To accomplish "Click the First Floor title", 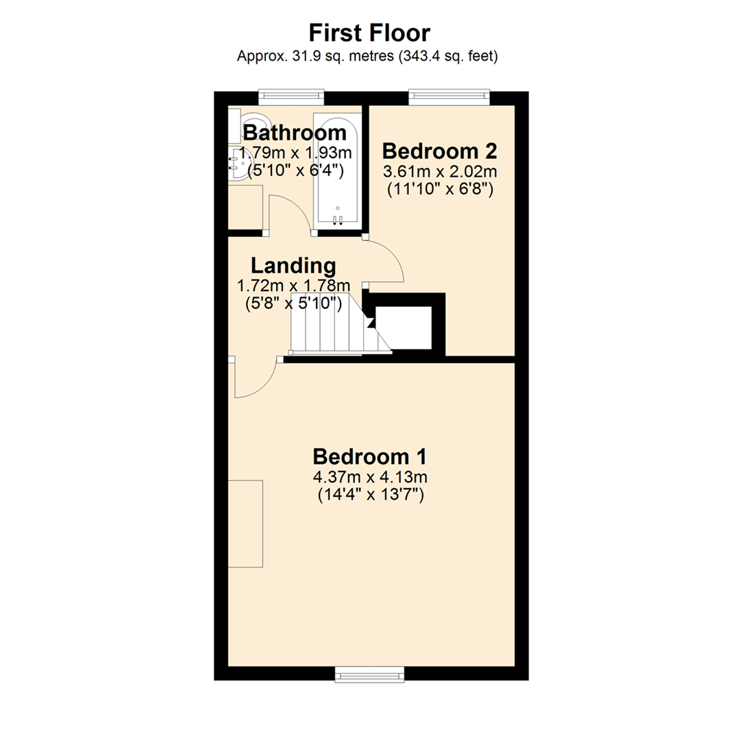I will click(369, 32).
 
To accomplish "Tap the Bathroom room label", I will click(295, 132).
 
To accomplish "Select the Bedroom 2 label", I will click(439, 151).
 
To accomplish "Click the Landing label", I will click(293, 265).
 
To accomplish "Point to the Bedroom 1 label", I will click(370, 456).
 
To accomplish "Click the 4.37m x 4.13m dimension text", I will click(371, 477).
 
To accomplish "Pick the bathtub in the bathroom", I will click(336, 169).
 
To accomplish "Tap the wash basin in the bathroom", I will click(241, 164).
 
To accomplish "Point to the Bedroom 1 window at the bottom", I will click(371, 674).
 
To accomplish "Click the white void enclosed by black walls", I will click(404, 328).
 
